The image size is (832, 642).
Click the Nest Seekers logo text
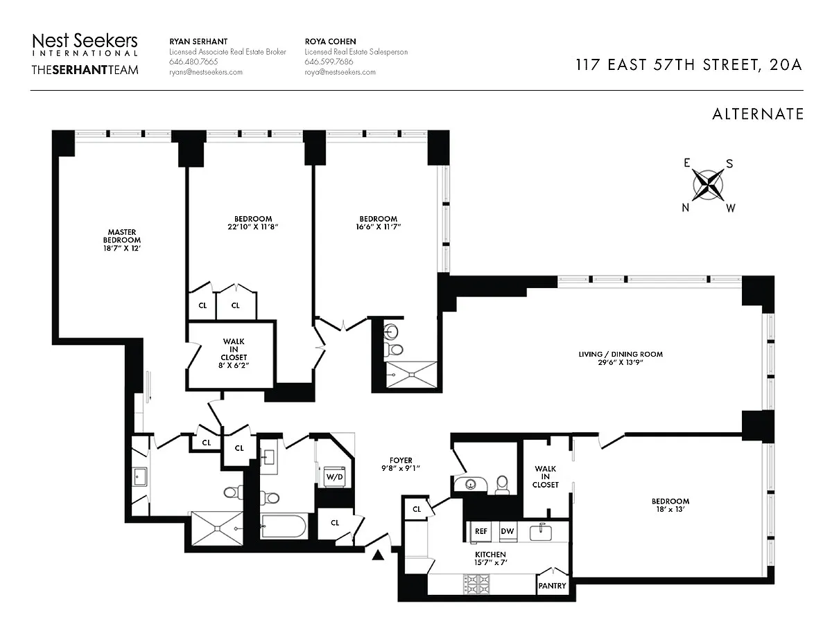pos(85,41)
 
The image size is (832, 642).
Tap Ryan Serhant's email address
pos(206,72)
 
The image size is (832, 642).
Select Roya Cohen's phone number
pos(329,62)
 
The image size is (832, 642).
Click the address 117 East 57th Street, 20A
pos(688,64)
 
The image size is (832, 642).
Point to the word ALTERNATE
pos(758,114)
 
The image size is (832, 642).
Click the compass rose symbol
pos(709,185)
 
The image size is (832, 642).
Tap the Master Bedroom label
pos(122,240)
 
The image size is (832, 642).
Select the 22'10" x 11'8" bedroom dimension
pos(252,226)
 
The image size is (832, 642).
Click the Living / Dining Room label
pos(621,354)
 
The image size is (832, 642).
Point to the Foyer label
pos(401,460)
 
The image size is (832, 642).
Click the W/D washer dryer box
pos(335,476)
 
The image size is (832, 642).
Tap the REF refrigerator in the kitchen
pos(481,531)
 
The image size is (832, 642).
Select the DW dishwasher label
pos(508,531)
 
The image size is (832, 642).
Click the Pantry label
pos(552,586)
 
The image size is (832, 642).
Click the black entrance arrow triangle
pos(378,555)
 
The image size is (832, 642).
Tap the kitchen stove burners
pos(477,585)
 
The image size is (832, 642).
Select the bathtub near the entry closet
pos(284,527)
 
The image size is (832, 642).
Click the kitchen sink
pos(540,533)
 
